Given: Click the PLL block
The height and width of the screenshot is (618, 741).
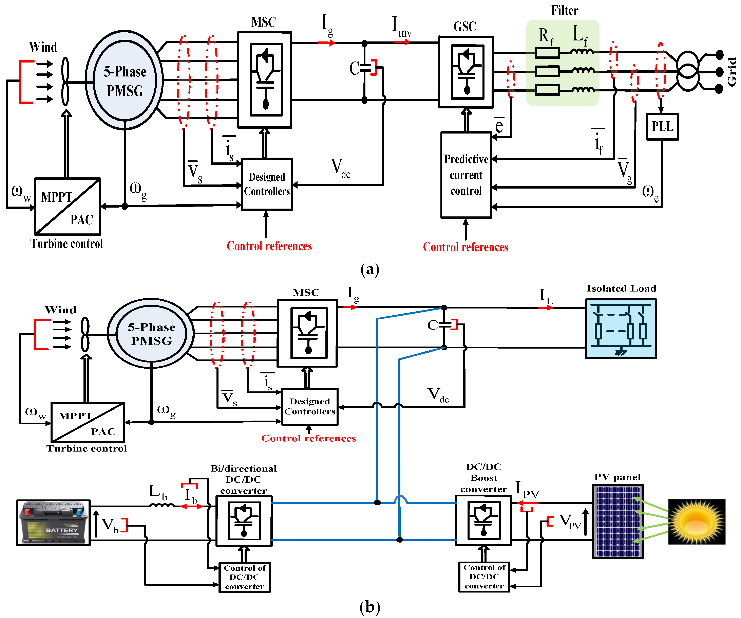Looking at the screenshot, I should coord(662,126).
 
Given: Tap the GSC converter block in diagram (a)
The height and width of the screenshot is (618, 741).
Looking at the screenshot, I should coord(466,72).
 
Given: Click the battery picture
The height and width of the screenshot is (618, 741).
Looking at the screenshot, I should coord(54,523).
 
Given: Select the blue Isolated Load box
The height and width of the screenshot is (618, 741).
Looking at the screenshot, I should coord(621,329).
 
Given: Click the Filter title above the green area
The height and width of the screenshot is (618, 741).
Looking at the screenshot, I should coord(565,11).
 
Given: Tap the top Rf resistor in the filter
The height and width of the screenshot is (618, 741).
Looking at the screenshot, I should coord(547,53).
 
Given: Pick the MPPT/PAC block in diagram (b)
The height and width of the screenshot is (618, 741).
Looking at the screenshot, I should coord(88,422).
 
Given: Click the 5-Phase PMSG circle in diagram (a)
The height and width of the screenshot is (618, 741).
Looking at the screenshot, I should coord(125,81).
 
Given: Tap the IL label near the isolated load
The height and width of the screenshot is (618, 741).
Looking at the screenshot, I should coord(545,296).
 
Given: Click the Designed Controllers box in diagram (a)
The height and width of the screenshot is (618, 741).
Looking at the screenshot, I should coord(267,184).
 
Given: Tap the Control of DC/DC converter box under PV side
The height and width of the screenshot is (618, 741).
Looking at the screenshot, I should coord(484,577).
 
